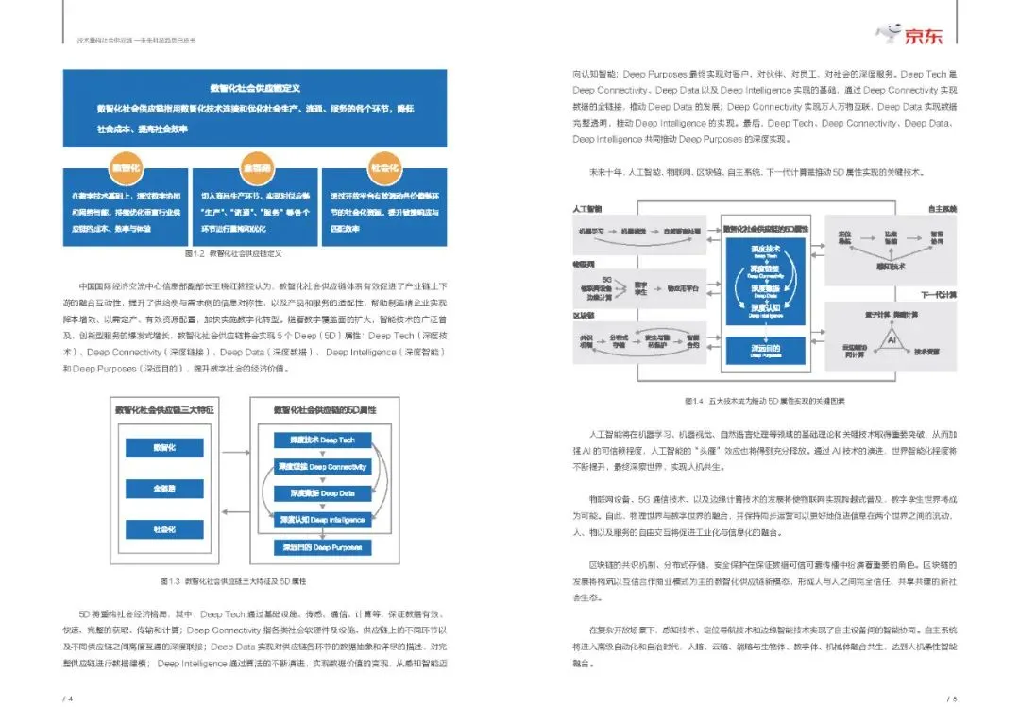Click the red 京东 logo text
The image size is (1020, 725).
point(929,36)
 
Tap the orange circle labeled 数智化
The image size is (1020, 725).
point(127,166)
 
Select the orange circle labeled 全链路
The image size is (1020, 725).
point(257,166)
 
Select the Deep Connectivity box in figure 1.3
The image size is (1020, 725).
point(322,467)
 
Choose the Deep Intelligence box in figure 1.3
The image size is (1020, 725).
point(322,520)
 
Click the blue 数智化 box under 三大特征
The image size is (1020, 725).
point(164,448)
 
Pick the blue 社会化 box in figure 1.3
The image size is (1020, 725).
point(164,529)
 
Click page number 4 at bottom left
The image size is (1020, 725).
point(67,699)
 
